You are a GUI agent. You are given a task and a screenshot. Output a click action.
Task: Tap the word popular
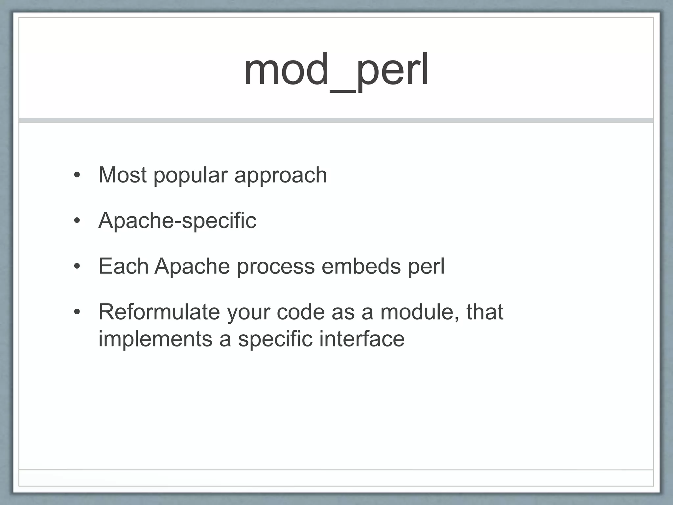point(191,175)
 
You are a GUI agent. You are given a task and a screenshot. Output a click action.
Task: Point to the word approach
point(281,175)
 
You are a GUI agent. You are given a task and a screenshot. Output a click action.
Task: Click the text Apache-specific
point(177,221)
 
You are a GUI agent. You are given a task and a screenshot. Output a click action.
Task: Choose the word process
point(276,266)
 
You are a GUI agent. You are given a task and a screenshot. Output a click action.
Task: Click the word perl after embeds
point(426,266)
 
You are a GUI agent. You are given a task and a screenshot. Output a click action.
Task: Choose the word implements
point(155,339)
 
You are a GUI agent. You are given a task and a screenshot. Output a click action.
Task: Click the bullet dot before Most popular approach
point(77,175)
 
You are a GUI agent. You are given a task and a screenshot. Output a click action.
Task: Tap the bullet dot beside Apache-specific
point(77,221)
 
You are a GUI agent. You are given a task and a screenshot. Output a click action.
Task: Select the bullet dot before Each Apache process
point(77,266)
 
